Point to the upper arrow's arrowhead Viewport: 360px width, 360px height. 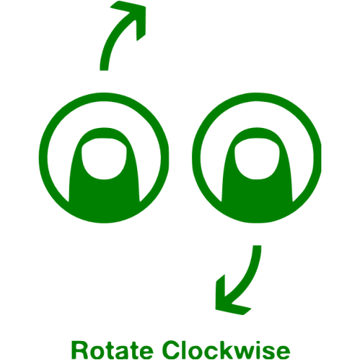(134, 16)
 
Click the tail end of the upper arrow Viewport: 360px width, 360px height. (104, 70)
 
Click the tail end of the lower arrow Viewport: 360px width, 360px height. (257, 246)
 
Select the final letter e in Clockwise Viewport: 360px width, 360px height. (283, 352)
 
